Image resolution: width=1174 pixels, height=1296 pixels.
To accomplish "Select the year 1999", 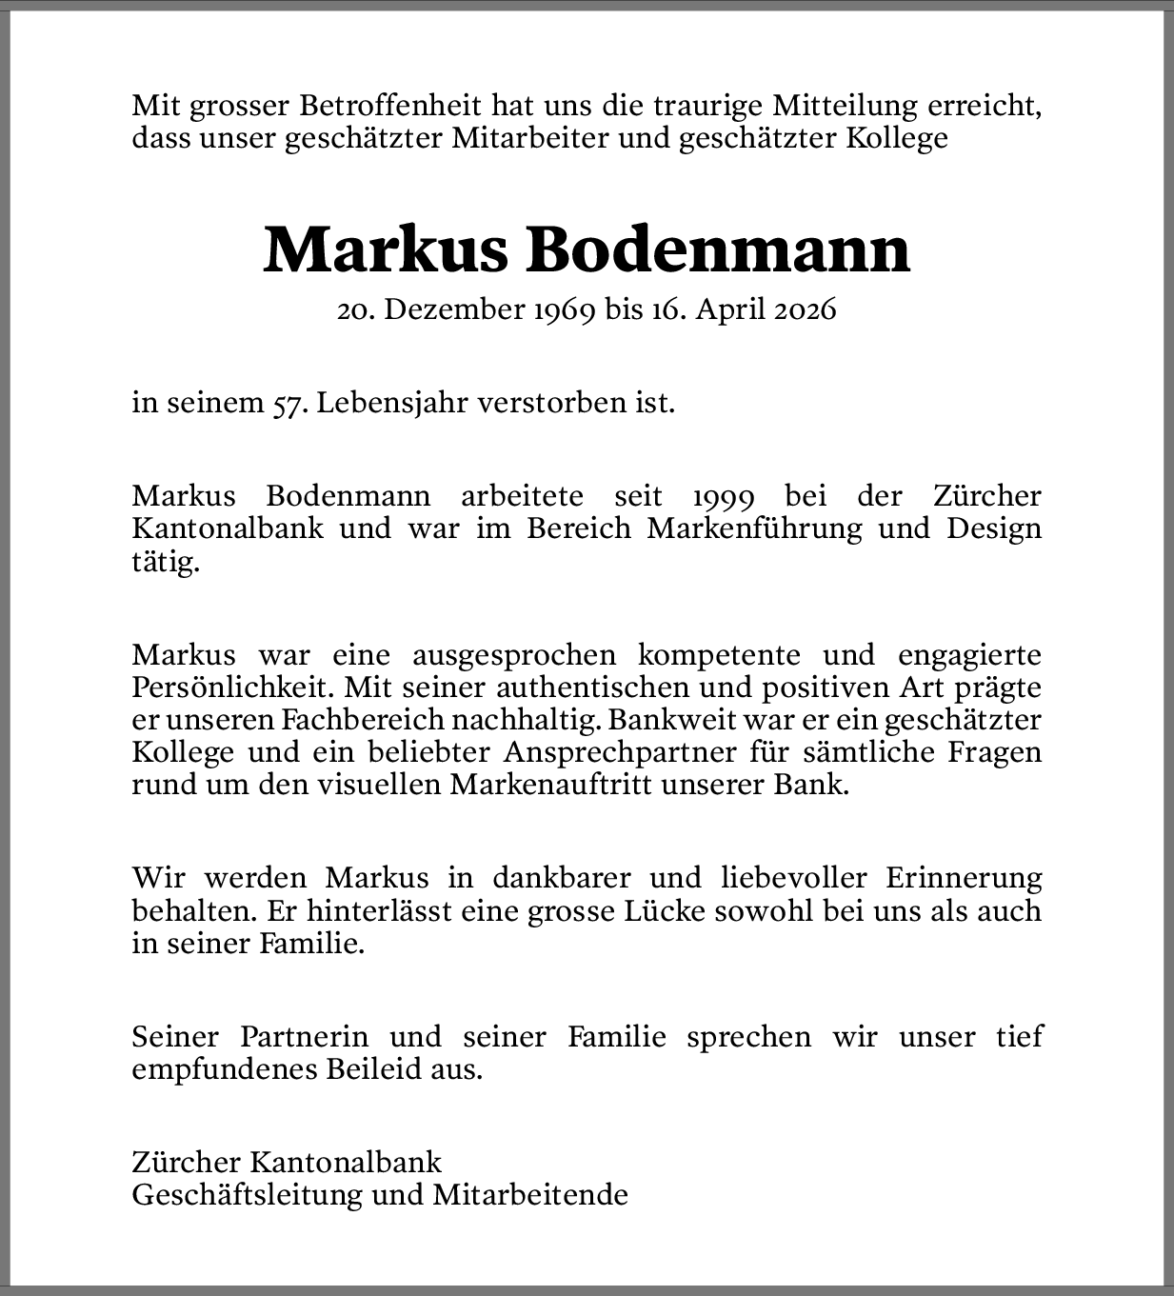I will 724,496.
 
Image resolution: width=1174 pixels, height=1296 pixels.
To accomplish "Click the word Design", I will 993,528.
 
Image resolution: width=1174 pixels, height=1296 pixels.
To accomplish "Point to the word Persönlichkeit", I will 233,688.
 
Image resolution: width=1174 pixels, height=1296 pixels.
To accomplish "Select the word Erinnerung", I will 964,877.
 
